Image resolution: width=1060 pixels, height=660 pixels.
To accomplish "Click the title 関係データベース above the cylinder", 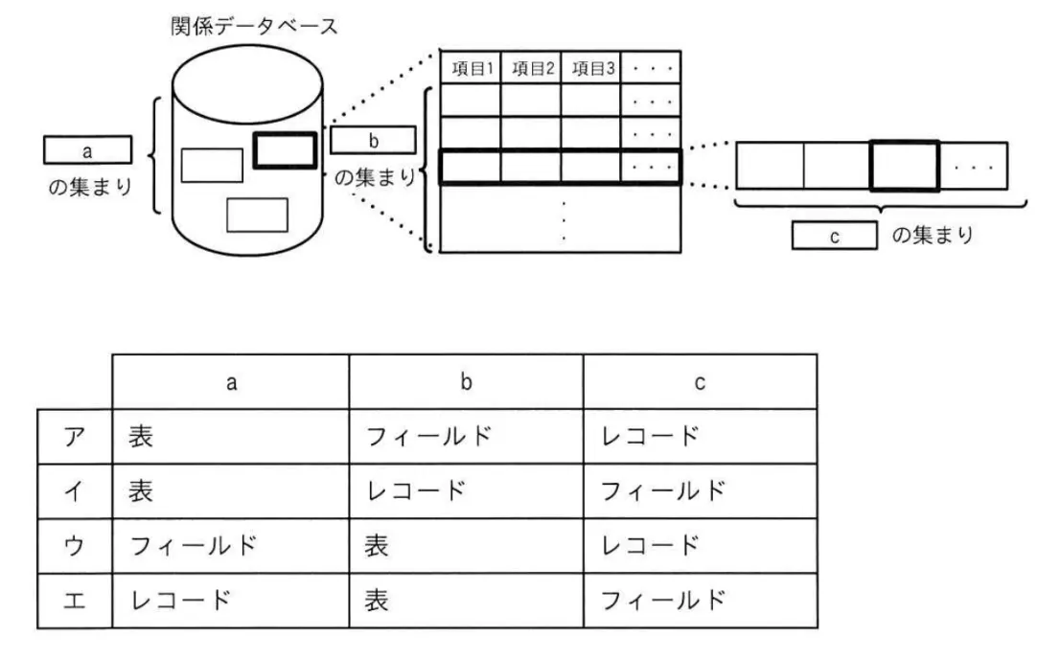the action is coord(254,27).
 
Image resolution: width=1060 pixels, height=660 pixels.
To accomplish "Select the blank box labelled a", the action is coord(88,150).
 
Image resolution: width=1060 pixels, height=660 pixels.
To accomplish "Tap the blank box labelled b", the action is coord(373,140).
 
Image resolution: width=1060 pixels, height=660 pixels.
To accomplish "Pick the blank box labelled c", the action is coord(834,236).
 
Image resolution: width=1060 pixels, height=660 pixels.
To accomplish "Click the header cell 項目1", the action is coord(471,68).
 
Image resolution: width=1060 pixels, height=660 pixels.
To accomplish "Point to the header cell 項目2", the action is coord(531,68).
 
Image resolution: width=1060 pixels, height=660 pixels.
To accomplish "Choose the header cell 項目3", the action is coord(590,68).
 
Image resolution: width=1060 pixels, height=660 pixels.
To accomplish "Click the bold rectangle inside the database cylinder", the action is coord(286,150).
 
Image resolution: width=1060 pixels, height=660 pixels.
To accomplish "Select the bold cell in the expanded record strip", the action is coord(905,166).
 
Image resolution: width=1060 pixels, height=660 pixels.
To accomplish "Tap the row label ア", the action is coord(75,437).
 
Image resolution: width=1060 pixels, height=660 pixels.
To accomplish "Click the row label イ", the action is coord(75,491).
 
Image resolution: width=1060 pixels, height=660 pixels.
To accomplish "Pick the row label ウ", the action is coord(75,546).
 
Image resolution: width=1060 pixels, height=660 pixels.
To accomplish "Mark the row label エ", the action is coord(75,601).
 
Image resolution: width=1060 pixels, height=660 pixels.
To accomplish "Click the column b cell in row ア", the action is coord(466,437).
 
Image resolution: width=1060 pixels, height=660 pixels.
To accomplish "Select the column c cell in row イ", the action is coord(701,491).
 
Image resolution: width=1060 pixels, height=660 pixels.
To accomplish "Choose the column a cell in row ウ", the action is coord(231,546).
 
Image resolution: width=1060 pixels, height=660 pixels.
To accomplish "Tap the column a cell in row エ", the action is coord(231,601).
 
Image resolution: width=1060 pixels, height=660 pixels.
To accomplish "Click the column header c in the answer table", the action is coord(701,381).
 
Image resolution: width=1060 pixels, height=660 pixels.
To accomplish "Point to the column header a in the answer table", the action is coord(231,381).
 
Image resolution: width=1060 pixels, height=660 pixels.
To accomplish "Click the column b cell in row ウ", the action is coord(466,546).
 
